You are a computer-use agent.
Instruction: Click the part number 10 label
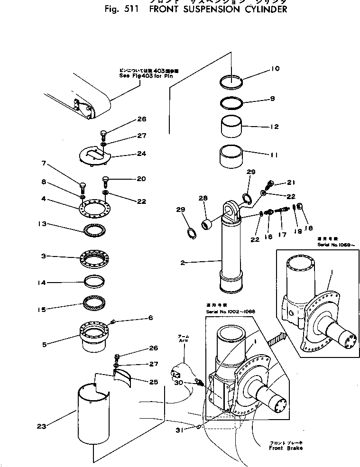click(x=275, y=69)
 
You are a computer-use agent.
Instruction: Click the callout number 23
click(x=42, y=426)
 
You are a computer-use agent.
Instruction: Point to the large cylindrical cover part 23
click(x=92, y=417)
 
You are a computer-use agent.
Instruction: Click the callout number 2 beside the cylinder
click(x=183, y=262)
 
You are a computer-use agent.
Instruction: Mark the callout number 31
click(x=179, y=430)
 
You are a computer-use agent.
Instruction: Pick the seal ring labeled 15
click(x=95, y=302)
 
